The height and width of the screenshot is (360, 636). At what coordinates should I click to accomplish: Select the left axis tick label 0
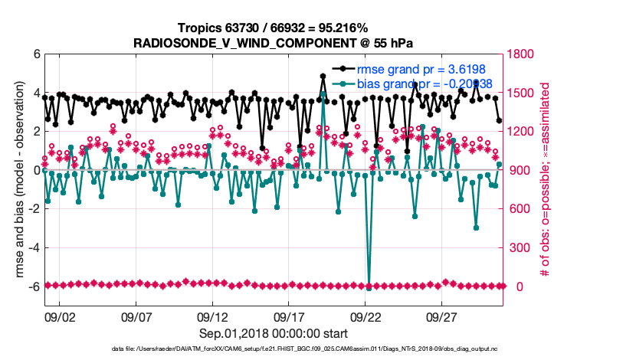[x=36, y=170]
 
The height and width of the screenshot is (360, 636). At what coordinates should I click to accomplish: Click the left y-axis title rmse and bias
[x=17, y=181]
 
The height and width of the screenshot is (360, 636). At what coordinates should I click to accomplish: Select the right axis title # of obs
[x=547, y=181]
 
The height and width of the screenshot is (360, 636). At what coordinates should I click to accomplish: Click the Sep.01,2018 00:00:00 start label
[x=274, y=333]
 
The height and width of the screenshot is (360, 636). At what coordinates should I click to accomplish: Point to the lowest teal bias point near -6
[x=369, y=288]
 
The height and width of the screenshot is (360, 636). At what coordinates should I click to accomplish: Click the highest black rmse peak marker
[x=323, y=77]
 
